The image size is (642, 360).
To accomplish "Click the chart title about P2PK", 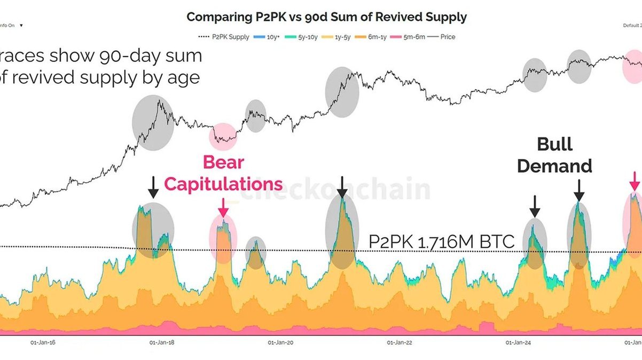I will click(x=326, y=17).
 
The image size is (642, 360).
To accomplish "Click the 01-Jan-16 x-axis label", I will click(x=42, y=342).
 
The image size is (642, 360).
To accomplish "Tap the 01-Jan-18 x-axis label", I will click(x=161, y=342).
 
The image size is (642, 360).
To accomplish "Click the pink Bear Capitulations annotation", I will click(x=223, y=174).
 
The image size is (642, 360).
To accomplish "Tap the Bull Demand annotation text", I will click(x=554, y=155).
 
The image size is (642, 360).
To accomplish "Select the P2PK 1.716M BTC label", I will click(x=442, y=242).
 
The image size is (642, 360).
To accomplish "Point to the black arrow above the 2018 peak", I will click(x=153, y=187).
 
